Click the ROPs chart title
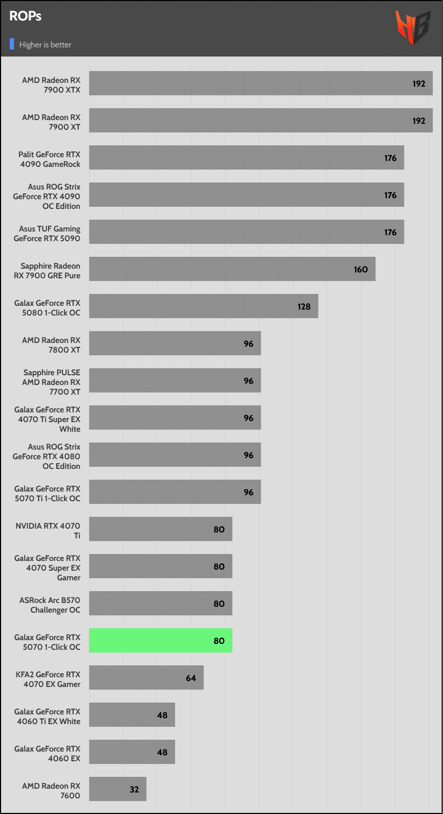point(25,16)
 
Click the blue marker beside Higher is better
point(12,44)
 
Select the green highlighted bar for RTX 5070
point(161,641)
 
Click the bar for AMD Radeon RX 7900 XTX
point(261,83)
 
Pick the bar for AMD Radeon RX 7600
point(117,789)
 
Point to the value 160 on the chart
point(361,269)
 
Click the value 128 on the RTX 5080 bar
point(304,306)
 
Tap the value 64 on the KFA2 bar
point(191,678)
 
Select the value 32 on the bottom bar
point(134,789)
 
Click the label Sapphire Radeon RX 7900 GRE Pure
point(50,271)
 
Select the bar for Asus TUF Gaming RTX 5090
point(246,232)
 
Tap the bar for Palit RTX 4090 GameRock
point(246,158)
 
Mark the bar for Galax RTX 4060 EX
point(132,752)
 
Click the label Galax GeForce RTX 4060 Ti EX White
point(47,717)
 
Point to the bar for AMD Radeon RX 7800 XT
point(175,343)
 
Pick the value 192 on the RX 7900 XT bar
point(419,121)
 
